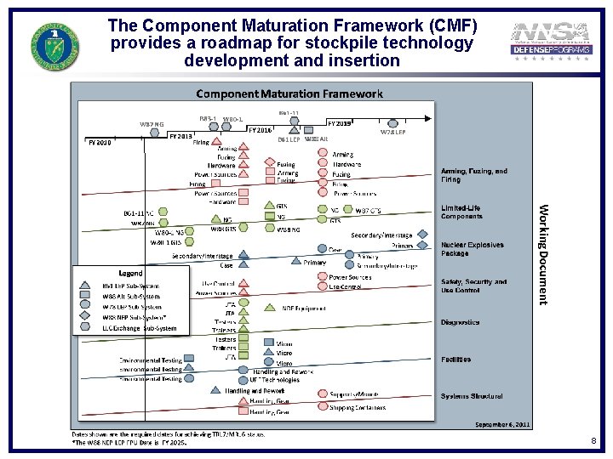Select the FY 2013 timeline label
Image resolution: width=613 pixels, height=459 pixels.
coord(180,136)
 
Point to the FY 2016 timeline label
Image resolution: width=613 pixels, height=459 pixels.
coord(260,130)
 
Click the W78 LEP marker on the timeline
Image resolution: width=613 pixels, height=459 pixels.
coord(393,124)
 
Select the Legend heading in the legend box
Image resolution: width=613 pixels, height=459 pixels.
coord(130,273)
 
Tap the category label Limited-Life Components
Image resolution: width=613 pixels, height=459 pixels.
coord(461,212)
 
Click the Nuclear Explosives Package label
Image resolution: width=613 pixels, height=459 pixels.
coord(472,249)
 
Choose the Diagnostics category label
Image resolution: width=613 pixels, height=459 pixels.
coord(460,322)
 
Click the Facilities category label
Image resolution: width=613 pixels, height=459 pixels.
coord(455,360)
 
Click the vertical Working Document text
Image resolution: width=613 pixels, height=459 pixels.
coord(542,254)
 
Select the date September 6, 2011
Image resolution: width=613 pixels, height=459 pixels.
coord(502,423)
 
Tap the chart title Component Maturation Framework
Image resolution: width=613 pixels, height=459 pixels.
coord(290,93)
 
